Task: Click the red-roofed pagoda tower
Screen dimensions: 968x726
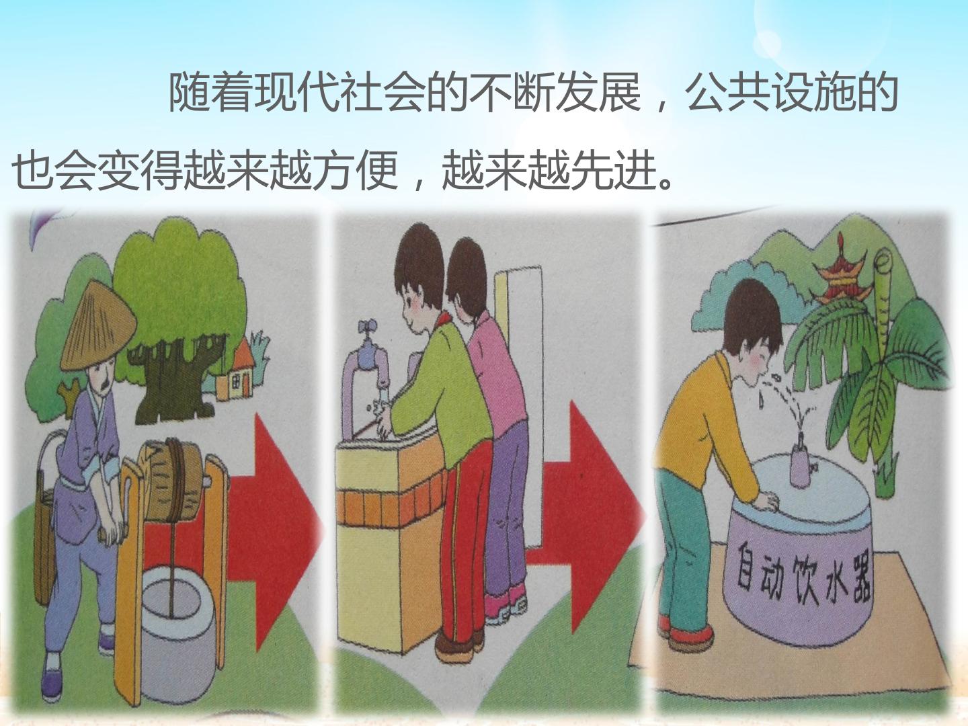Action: [843, 276]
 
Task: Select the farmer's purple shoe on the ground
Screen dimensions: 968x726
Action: [52, 683]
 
